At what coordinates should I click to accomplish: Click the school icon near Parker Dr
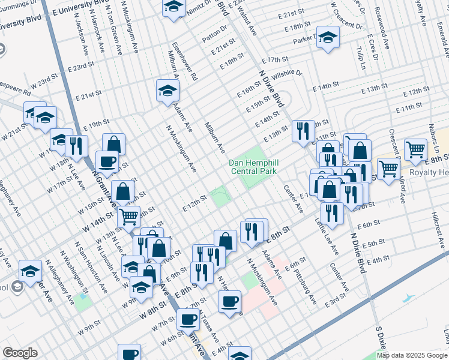tap(327, 37)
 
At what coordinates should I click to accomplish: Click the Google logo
tap(20, 353)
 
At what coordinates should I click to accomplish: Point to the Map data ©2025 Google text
tap(412, 355)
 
